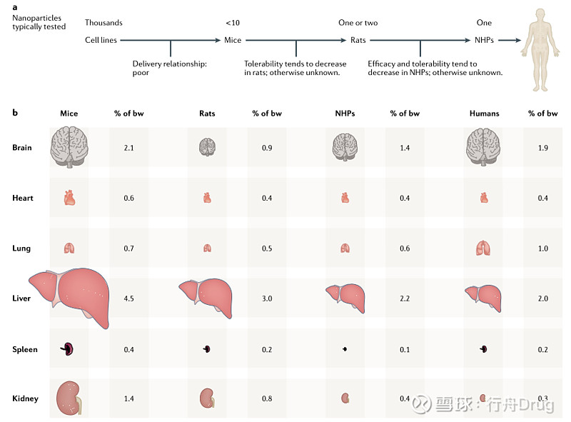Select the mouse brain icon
pyautogui.click(x=69, y=147)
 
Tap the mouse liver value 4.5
pyautogui.click(x=128, y=298)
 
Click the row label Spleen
pyautogui.click(x=24, y=349)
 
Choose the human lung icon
pyautogui.click(x=483, y=248)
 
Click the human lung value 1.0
pyautogui.click(x=542, y=248)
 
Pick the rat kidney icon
pyautogui.click(x=207, y=398)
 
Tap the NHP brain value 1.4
pyautogui.click(x=405, y=147)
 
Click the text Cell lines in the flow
pyautogui.click(x=101, y=40)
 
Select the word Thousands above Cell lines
pyautogui.click(x=103, y=23)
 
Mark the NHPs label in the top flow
pyautogui.click(x=483, y=40)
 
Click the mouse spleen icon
pyautogui.click(x=68, y=349)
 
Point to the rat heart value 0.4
pyautogui.click(x=267, y=198)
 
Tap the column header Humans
pyautogui.click(x=485, y=114)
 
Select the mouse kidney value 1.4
pyautogui.click(x=128, y=398)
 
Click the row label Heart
pyautogui.click(x=23, y=198)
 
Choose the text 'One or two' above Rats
pyautogui.click(x=358, y=23)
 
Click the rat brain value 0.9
pyautogui.click(x=267, y=147)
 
